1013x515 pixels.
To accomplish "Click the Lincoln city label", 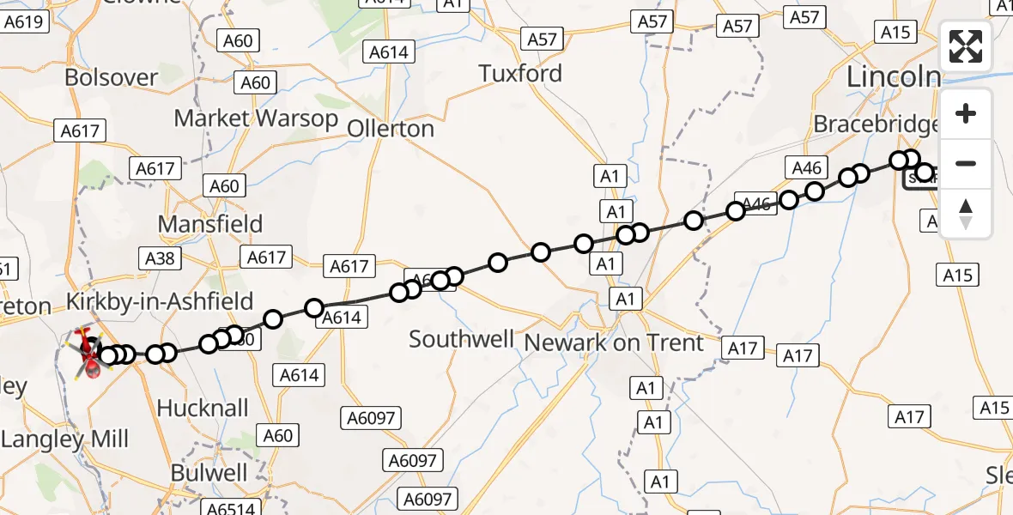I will (x=893, y=76).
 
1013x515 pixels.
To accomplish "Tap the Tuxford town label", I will (x=520, y=74).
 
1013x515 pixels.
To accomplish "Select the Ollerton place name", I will (x=391, y=129).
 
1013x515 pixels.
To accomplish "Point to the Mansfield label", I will (x=210, y=225).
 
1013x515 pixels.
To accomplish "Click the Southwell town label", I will (x=461, y=339).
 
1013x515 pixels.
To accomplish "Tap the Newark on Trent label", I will (x=614, y=343).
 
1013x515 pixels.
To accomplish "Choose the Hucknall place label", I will (x=203, y=408).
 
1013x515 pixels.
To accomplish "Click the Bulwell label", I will (x=209, y=473).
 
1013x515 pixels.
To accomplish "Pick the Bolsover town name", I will (x=112, y=77).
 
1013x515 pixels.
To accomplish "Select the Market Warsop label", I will (x=256, y=118).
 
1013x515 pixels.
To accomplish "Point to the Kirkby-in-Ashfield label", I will (x=161, y=302).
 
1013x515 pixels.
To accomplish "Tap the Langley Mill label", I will (x=65, y=440).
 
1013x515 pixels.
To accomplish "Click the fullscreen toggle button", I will (x=966, y=47).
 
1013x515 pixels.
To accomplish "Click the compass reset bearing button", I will (x=966, y=214).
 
